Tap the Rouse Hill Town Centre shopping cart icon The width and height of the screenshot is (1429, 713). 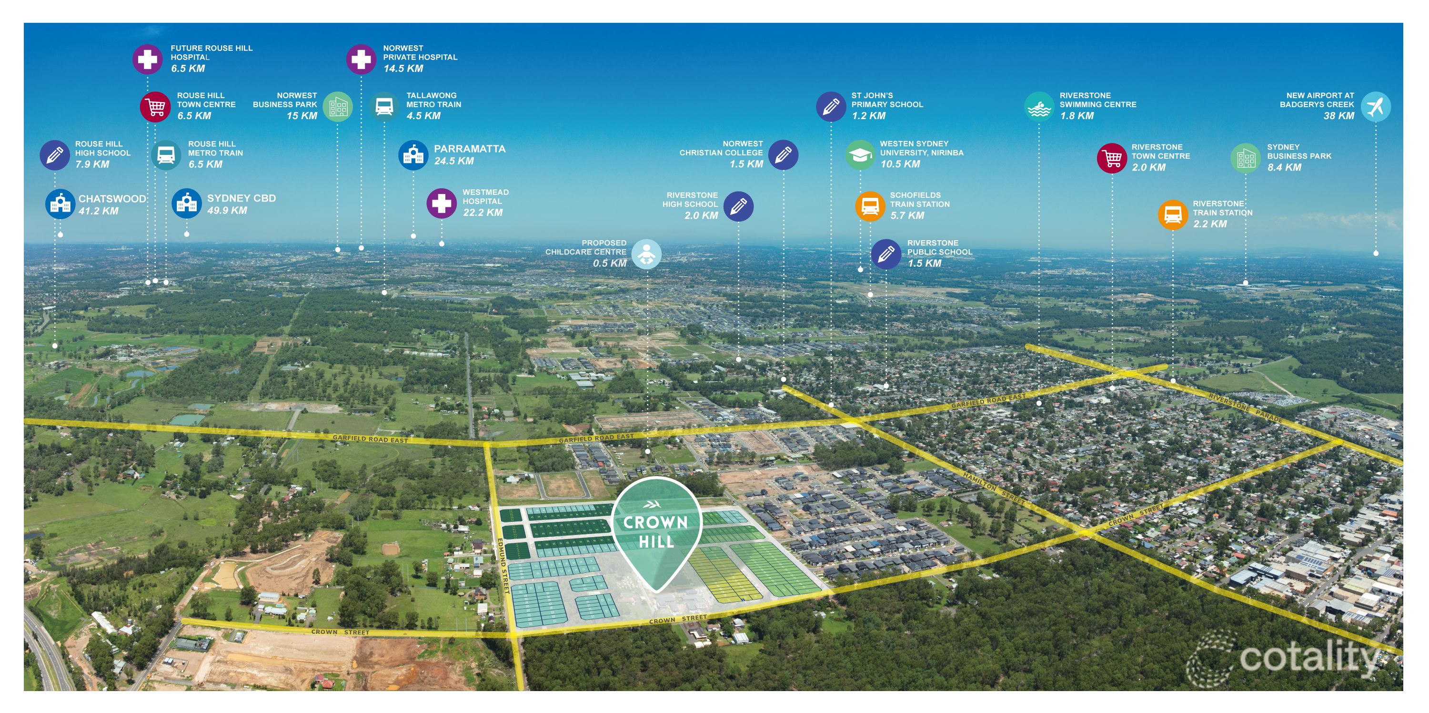pos(155,107)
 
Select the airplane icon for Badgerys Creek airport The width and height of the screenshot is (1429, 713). pos(1376,107)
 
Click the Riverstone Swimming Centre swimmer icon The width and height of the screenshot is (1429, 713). pos(1039,107)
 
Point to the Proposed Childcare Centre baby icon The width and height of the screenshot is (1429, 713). pos(646,254)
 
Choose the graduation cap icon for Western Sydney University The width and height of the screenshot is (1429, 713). pos(860,155)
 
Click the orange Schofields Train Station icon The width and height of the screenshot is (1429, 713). pos(870,206)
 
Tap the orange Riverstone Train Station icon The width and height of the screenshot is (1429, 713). pos(1173,215)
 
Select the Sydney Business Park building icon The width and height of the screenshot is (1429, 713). pos(1246,158)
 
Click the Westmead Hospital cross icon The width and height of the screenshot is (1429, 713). pos(442,203)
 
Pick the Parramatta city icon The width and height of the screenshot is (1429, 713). pos(413,155)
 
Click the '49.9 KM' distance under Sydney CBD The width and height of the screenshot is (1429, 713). pos(227,210)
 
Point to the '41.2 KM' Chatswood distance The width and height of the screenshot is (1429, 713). pos(98,211)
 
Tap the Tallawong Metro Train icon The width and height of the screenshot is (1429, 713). pos(384,107)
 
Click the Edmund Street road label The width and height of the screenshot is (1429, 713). pos(503,566)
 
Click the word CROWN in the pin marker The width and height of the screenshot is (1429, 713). pos(656,523)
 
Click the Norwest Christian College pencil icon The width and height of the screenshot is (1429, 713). pos(783,155)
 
